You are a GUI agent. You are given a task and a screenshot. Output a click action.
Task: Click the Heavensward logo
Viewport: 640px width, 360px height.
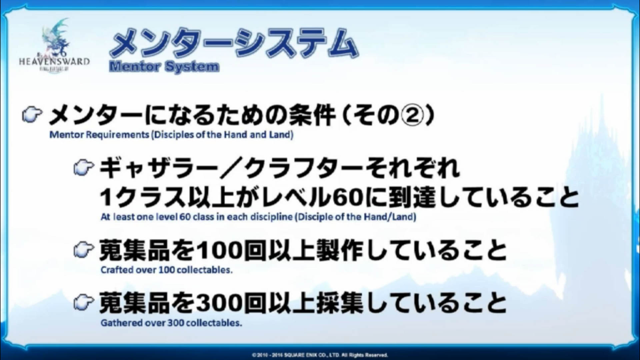coord(54,47)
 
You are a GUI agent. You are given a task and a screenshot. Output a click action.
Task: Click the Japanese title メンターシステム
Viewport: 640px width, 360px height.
coord(234,44)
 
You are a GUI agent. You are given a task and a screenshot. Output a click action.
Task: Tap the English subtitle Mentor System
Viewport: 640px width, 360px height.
coord(164,67)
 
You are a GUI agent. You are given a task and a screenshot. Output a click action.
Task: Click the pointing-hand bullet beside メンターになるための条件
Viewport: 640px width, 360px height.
coord(32,115)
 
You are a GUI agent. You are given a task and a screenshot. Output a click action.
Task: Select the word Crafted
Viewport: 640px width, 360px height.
coord(117,270)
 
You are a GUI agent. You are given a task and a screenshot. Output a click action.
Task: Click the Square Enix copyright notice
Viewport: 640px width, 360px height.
coord(320,355)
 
